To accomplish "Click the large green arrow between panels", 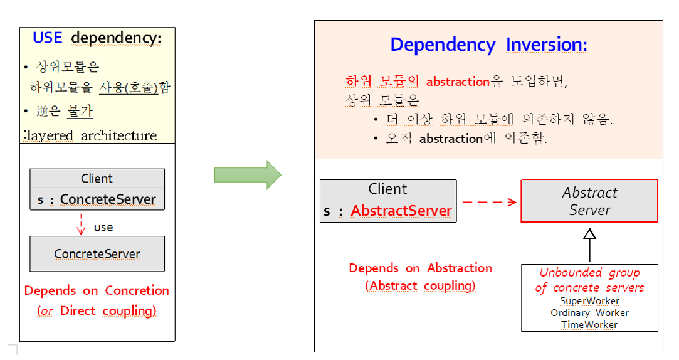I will pos(247,174).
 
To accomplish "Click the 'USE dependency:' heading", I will pos(97,38).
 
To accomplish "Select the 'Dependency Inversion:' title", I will pos(488,45).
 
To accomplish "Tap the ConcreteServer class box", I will pos(97,254).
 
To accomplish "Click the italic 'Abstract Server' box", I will pos(589,201).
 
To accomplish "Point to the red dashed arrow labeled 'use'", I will pos(81,225).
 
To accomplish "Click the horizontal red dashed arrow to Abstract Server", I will pos(489,202).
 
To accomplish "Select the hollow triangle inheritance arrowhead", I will pos(589,235).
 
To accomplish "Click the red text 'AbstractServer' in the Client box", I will pos(401,211).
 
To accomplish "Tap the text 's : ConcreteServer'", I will pos(97,200).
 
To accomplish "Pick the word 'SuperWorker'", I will pos(589,301).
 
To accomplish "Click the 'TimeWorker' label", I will pos(589,325).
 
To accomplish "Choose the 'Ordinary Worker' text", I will pos(589,313).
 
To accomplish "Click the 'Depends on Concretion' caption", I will pos(97,291).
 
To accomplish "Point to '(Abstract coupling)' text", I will pos(420,286).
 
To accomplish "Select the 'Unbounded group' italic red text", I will pos(589,273).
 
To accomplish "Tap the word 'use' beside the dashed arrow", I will pos(103,227).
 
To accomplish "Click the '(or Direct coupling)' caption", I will pos(97,310).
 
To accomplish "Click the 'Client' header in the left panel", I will pos(97,178).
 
